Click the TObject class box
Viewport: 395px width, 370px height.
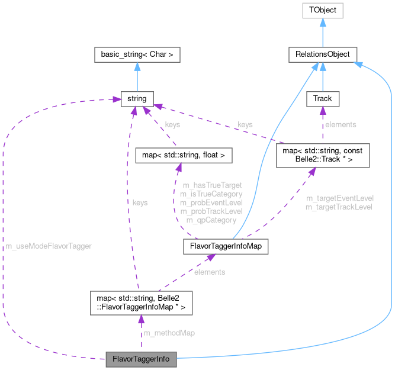coord(322,10)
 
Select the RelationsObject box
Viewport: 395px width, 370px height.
coord(322,54)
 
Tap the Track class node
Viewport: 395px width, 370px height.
coord(322,98)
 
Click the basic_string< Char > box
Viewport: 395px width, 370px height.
coord(137,54)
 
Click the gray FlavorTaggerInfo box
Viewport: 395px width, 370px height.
coord(140,359)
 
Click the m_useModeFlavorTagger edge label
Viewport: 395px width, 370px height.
coord(49,245)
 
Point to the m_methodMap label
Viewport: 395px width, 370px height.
coord(169,333)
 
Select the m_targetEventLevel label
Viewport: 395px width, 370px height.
coord(339,198)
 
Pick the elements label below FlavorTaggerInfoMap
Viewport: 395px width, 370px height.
coord(210,272)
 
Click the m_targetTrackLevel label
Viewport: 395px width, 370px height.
coord(339,207)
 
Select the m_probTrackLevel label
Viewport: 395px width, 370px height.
coord(212,211)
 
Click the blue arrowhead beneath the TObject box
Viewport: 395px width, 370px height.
coord(322,23)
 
